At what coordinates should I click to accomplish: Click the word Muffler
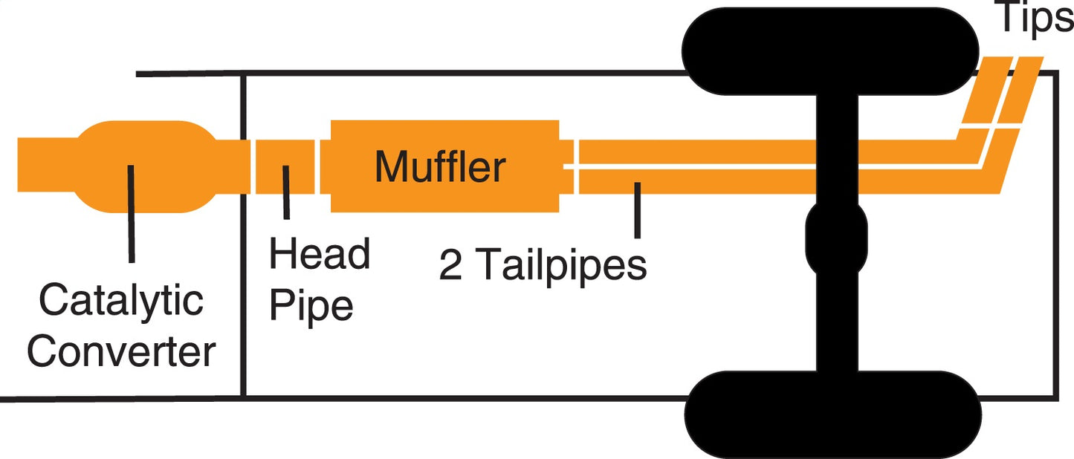pyautogui.click(x=440, y=166)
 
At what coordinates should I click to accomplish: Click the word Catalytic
pyautogui.click(x=120, y=302)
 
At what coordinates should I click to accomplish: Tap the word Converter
pyautogui.click(x=121, y=352)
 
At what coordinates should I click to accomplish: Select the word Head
pyautogui.click(x=320, y=255)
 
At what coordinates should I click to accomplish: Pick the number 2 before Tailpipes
pyautogui.click(x=450, y=264)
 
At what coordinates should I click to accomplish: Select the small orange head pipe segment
pyautogui.click(x=285, y=166)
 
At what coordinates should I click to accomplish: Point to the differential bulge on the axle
pyautogui.click(x=837, y=238)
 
